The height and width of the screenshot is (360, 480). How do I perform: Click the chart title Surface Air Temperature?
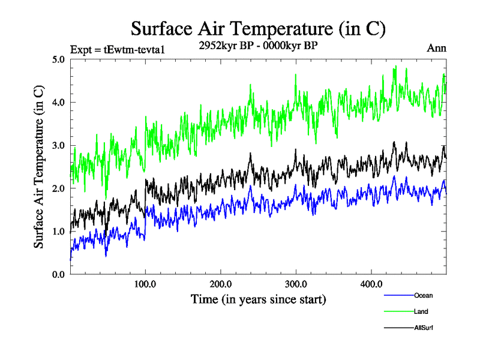(258, 28)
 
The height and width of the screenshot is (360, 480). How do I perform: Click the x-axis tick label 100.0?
(145, 284)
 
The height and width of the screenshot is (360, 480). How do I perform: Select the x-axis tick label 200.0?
(221, 284)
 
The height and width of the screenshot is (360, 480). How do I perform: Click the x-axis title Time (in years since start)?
(258, 299)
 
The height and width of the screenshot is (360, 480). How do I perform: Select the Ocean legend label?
(423, 295)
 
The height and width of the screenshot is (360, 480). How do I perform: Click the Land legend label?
(421, 311)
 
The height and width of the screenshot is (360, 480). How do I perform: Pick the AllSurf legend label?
(424, 328)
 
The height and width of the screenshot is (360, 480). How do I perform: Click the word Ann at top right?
(436, 48)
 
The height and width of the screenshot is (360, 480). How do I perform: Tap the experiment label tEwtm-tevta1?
(118, 49)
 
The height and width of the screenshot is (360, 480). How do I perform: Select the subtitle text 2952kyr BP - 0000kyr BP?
(258, 45)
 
